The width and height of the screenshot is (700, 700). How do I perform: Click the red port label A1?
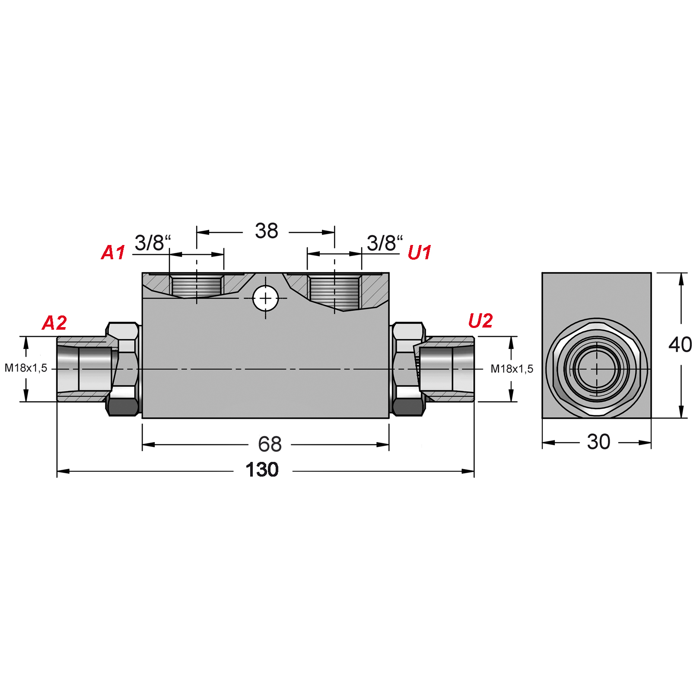coord(113,253)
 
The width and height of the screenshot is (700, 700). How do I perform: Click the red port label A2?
coord(54,323)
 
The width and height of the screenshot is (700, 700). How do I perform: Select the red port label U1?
coord(419,253)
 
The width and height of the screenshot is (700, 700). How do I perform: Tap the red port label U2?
coord(480,321)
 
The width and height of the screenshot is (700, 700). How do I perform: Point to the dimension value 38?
coord(266,231)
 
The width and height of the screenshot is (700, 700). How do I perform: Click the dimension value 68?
coord(270,444)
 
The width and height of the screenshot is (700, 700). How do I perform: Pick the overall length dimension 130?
coord(262,470)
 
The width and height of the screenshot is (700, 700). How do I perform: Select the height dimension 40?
coord(680,345)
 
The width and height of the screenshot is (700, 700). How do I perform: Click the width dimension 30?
coord(598,442)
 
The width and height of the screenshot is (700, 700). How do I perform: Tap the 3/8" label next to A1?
coord(153,243)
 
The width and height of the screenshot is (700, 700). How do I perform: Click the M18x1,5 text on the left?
coord(25,368)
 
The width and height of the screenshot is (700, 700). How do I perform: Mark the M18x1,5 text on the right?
coord(512,369)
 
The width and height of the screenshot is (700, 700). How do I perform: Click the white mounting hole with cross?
coord(265,298)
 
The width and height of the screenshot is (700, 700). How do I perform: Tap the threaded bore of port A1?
coord(197,286)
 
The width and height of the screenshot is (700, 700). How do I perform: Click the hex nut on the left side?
coord(124,369)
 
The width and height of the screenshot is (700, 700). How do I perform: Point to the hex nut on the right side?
coord(407,369)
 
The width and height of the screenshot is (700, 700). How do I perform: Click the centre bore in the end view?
coord(597,369)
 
